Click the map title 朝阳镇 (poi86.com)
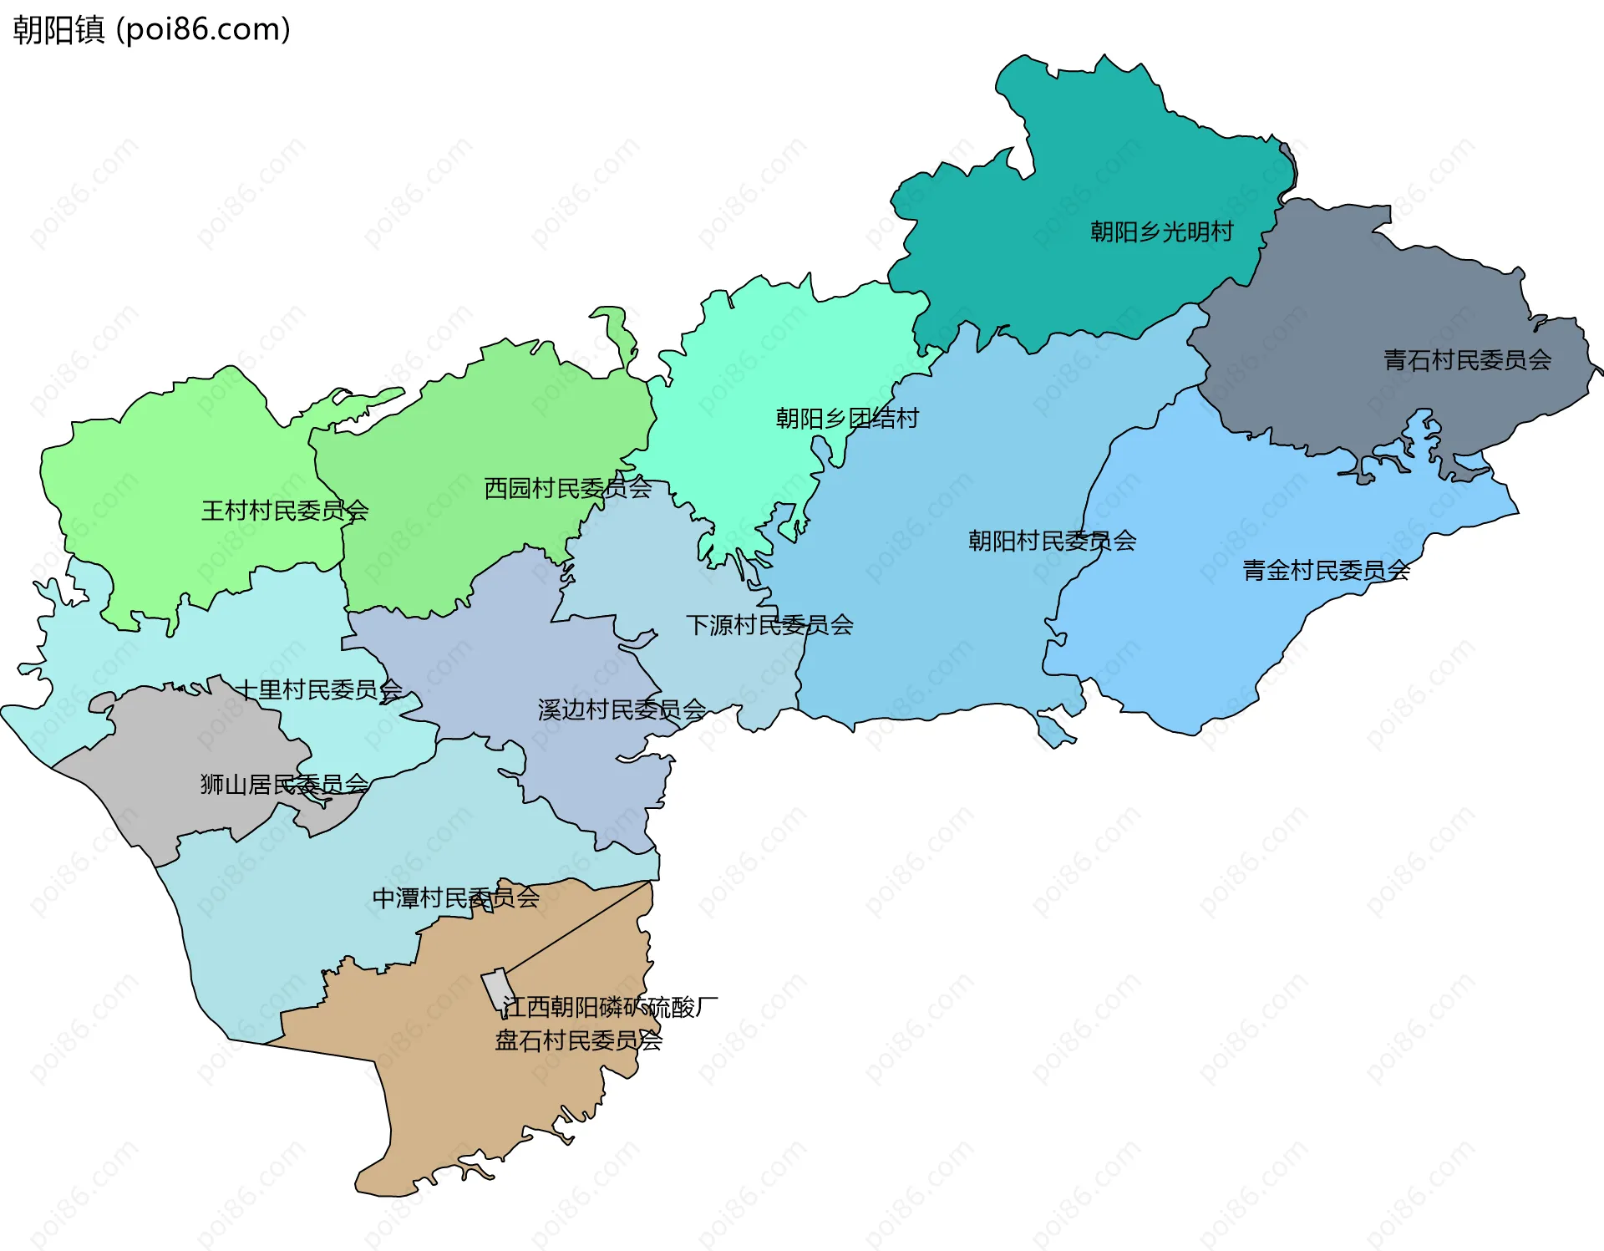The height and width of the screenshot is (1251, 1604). click(x=151, y=30)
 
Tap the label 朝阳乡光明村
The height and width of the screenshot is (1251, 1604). click(x=1161, y=231)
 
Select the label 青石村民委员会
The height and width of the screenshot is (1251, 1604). click(x=1467, y=360)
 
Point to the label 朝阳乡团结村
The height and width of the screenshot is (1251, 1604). click(x=847, y=418)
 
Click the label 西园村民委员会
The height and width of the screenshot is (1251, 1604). click(x=568, y=488)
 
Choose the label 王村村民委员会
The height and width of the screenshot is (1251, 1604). click(x=285, y=511)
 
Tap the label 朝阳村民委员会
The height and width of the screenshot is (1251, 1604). click(x=1052, y=541)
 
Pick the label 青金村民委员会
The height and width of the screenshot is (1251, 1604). click(x=1326, y=571)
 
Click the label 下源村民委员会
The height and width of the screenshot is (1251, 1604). click(x=769, y=625)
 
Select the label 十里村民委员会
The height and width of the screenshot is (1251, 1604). click(x=319, y=689)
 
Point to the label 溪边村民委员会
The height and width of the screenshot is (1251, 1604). click(x=622, y=709)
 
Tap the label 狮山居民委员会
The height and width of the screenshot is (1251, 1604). click(x=284, y=784)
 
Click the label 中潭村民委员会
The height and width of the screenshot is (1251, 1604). click(x=455, y=898)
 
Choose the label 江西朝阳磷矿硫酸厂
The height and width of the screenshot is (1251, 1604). click(x=610, y=1007)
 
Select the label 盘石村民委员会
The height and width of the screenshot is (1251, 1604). click(x=578, y=1040)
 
